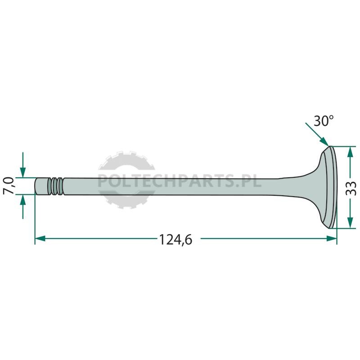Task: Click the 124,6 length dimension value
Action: [175, 239]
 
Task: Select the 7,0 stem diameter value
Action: [9, 186]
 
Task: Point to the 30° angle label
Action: [324, 121]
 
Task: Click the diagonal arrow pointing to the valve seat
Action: [317, 135]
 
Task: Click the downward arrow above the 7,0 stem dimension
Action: [23, 165]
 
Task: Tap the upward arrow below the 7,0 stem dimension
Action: [23, 207]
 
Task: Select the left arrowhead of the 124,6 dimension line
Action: [40, 238]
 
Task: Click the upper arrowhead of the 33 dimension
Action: [350, 152]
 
